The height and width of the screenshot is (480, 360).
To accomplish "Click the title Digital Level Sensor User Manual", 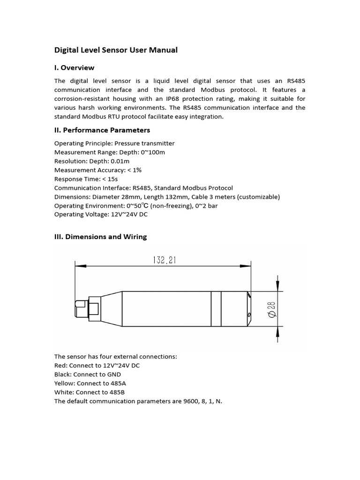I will [116, 50].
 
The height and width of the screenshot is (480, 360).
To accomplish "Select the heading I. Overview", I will [74, 67].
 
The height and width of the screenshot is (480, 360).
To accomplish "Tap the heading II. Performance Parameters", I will [102, 130].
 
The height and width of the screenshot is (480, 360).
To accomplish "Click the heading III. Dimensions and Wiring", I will [100, 237].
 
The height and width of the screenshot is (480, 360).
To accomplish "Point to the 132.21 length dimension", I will [164, 260].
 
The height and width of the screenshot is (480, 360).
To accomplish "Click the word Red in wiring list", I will [60, 366].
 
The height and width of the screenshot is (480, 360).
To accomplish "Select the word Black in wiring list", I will [63, 375].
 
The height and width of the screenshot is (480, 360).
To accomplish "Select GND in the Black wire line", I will [113, 375].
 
